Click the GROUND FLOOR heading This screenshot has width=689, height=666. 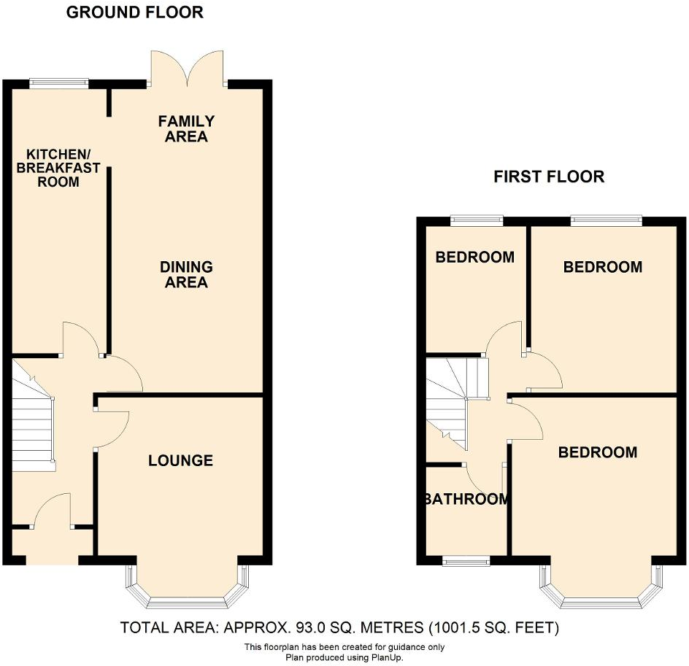[135, 12]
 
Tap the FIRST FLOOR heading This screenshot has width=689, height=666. [549, 177]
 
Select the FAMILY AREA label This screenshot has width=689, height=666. [187, 129]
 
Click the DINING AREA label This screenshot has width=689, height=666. [187, 275]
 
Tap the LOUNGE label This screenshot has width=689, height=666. [180, 460]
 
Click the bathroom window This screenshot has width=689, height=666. [466, 560]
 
